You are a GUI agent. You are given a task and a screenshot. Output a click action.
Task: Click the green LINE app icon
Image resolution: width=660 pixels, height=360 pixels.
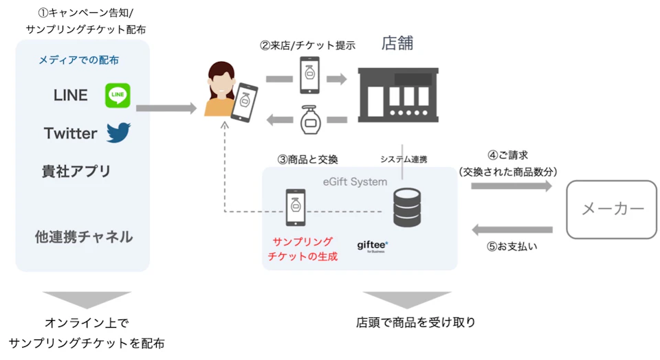tap(118, 95)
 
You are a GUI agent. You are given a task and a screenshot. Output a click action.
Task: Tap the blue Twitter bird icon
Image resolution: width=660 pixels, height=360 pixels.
tap(118, 133)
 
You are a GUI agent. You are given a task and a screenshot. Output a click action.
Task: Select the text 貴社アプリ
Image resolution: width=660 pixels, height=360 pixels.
tap(76, 171)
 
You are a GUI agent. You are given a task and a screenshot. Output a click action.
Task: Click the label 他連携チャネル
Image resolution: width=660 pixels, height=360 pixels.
tap(84, 237)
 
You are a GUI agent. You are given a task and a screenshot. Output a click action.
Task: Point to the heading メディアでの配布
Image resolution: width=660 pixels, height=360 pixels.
tap(78, 60)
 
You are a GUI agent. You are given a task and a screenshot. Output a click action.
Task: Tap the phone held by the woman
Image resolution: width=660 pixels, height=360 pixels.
tap(245, 102)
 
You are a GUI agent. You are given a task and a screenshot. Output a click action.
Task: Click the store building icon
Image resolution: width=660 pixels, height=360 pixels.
tap(398, 95)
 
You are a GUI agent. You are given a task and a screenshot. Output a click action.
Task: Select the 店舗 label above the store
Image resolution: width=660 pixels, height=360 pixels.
tap(397, 43)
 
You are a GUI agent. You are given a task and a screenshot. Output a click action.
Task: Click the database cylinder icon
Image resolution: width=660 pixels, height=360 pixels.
tap(406, 207)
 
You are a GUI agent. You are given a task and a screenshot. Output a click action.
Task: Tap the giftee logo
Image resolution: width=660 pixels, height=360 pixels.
tap(373, 245)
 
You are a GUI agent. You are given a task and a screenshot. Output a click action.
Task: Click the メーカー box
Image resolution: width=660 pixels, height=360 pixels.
tap(612, 210)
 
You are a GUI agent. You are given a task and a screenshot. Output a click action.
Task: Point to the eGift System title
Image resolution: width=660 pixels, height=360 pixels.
tap(355, 182)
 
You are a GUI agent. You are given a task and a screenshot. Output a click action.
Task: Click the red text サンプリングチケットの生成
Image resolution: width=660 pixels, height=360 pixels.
tap(302, 249)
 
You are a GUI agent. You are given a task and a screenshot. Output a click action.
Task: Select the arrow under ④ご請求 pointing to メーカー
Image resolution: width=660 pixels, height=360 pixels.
tap(511, 186)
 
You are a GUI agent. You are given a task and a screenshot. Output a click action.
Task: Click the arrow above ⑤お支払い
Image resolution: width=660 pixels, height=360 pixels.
tap(512, 229)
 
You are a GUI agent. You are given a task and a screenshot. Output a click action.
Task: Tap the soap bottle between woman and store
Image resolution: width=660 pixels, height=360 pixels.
tap(310, 120)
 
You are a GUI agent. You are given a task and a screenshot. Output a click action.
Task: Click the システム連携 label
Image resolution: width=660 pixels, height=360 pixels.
tap(404, 159)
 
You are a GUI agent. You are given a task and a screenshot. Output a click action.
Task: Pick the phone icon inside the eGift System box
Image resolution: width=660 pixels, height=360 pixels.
tap(296, 207)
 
